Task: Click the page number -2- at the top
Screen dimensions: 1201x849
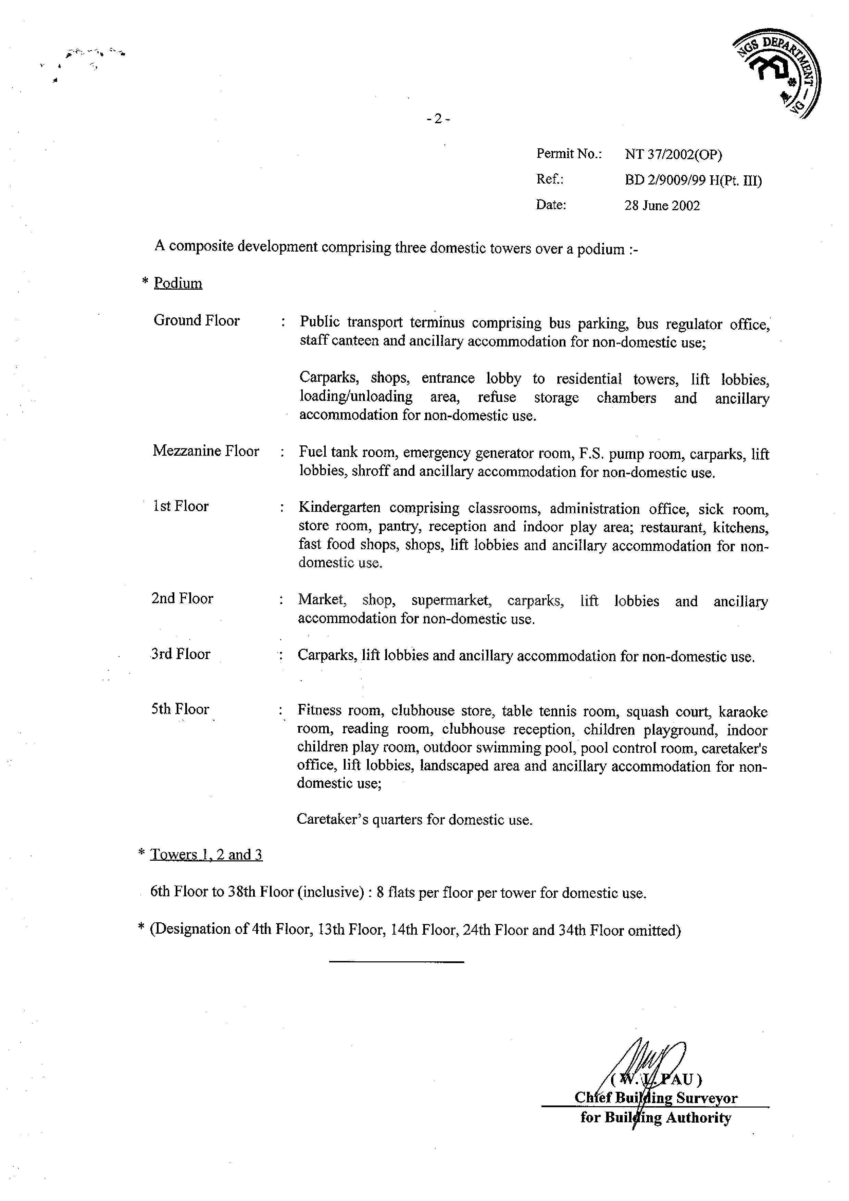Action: (x=438, y=119)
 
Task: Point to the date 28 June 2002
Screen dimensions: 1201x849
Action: (x=662, y=205)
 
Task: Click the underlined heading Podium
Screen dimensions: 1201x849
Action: (x=178, y=283)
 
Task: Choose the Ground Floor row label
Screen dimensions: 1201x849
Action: (x=196, y=321)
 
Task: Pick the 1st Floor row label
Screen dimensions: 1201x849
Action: (x=180, y=506)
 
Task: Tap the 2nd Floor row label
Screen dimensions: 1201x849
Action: (x=182, y=598)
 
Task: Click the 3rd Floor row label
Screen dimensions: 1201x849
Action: (x=180, y=654)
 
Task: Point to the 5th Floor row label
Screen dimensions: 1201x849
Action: (x=180, y=709)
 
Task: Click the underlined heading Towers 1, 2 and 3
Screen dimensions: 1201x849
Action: (x=206, y=855)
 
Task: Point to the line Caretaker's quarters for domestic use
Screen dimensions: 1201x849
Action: (x=414, y=820)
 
